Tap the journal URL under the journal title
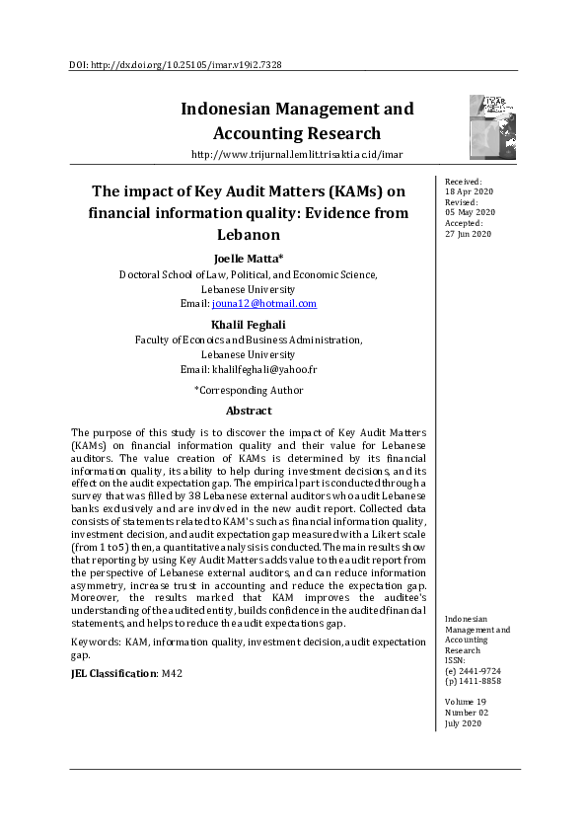[x=296, y=155]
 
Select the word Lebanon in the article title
[x=248, y=235]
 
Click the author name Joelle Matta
[x=248, y=260]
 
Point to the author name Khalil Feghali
[x=248, y=325]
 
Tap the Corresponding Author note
[x=248, y=390]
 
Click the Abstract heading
[x=248, y=411]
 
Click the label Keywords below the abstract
[x=96, y=642]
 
